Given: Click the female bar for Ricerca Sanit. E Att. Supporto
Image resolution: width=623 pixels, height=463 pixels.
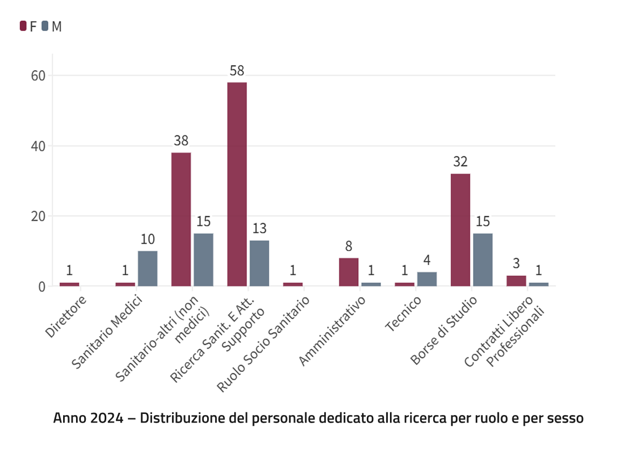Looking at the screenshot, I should point(237,184).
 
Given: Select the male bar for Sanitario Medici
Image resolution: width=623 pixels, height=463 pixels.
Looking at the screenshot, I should point(147,268).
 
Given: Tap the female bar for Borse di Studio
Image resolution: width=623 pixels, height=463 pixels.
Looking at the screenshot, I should point(461,230).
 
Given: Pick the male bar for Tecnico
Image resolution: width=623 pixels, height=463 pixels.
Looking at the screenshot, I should point(427,279).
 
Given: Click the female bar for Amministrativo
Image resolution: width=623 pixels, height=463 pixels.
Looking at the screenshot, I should point(348,272).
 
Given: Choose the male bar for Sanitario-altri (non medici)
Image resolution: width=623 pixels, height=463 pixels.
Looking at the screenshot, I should point(203,259).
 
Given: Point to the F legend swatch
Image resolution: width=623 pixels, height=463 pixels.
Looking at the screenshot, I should point(23,26).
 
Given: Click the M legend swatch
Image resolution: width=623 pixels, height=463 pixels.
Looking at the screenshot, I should point(45,26).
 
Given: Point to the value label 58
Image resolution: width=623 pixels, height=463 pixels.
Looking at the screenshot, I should point(237,71).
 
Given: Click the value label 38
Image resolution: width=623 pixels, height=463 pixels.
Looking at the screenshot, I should point(181,141).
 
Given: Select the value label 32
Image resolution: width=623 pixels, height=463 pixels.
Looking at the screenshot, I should point(460,162).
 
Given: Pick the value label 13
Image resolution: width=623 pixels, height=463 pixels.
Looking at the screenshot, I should point(259,229).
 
